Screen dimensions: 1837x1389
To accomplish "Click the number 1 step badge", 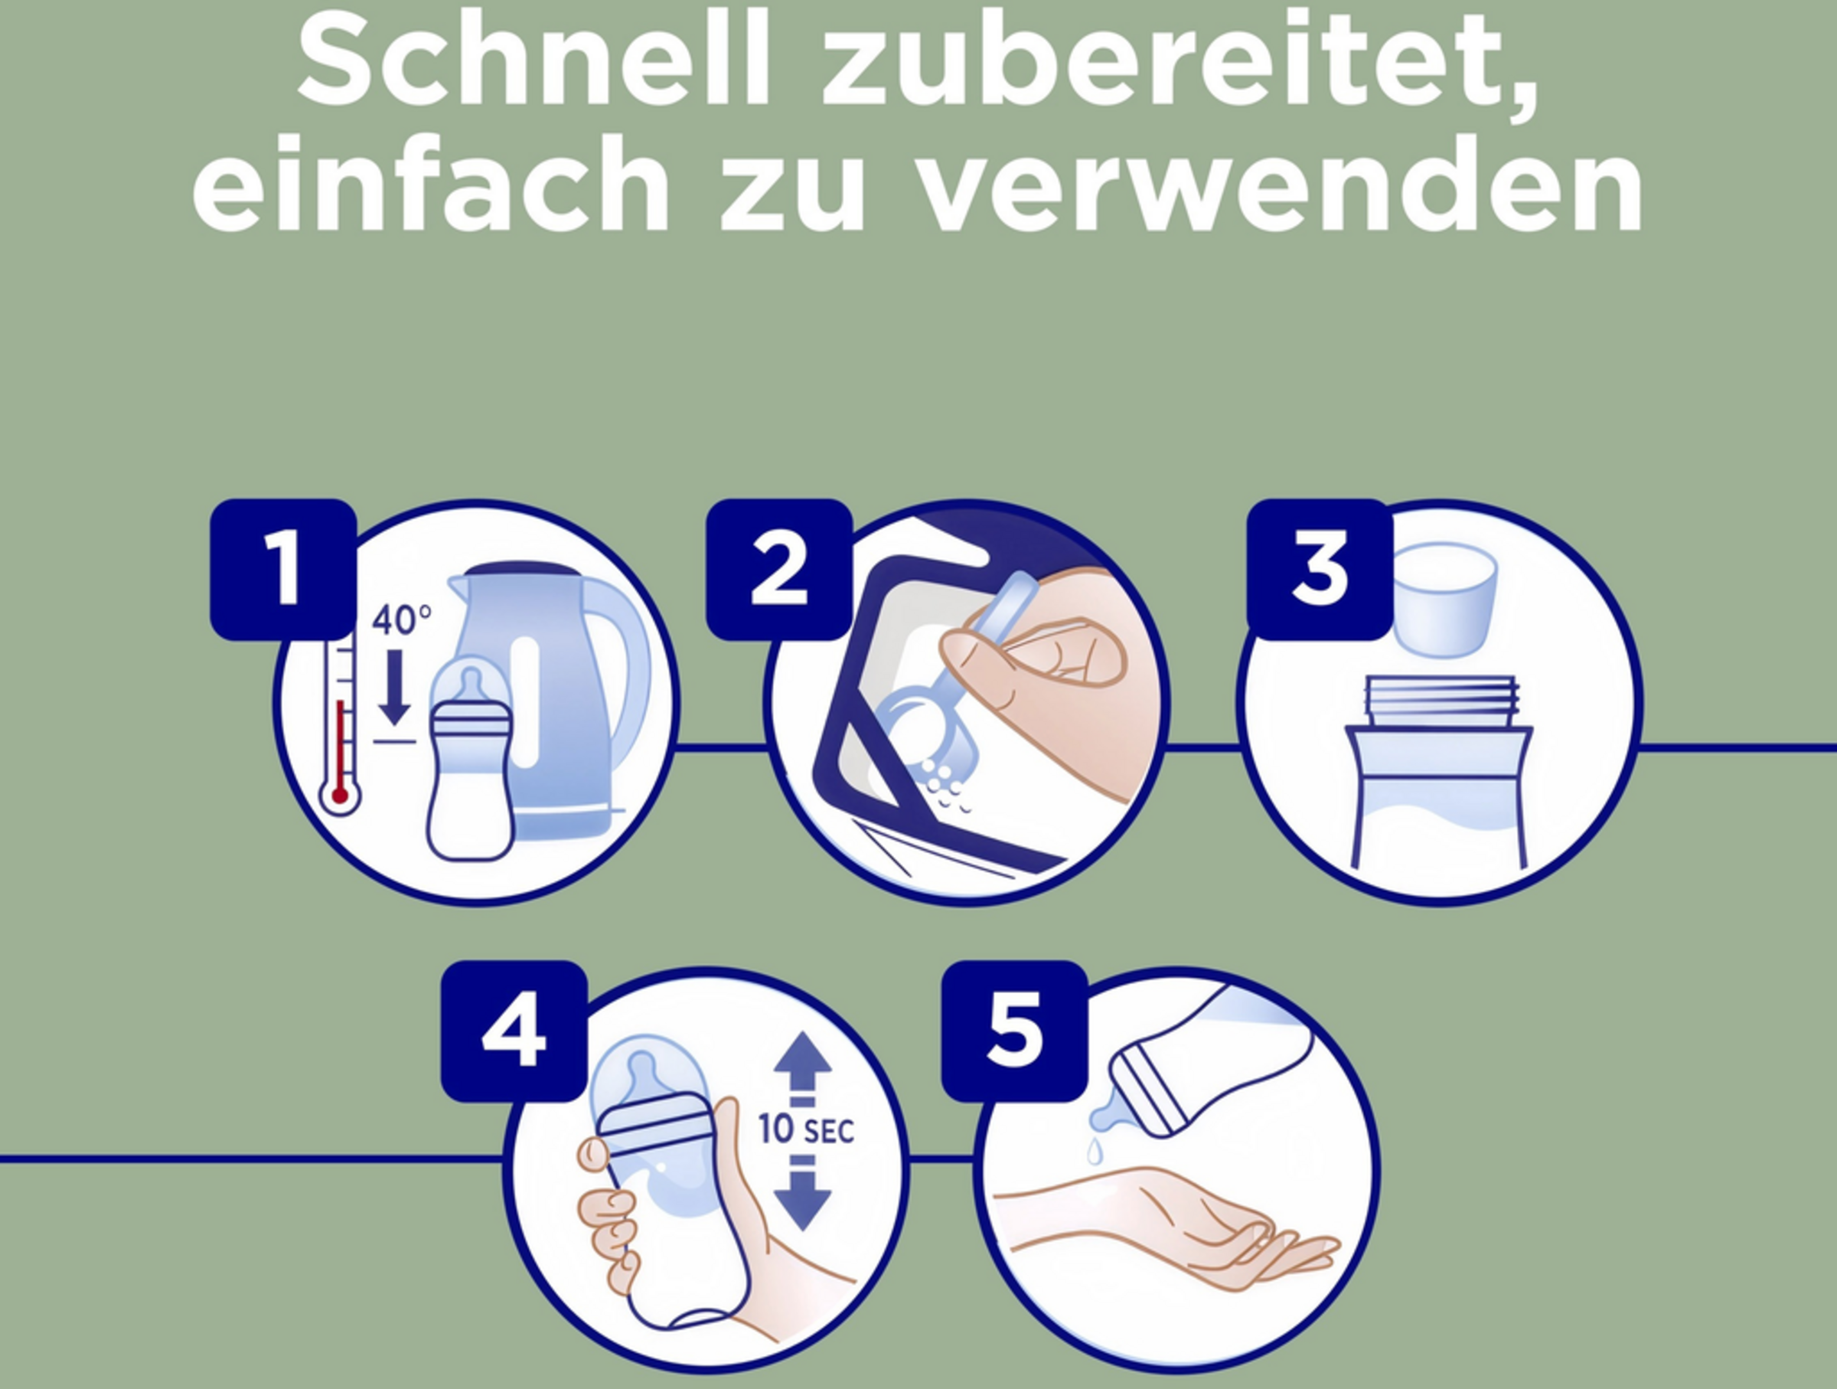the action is (283, 569).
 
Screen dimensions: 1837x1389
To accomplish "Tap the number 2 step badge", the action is (779, 569).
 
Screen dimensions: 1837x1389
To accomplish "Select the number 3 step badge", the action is (1320, 569).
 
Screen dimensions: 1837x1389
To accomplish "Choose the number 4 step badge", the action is (514, 1031).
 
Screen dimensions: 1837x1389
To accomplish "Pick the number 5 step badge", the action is (1014, 1031).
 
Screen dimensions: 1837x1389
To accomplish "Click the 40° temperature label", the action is (401, 619).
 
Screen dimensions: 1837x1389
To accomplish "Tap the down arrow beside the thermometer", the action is (393, 687).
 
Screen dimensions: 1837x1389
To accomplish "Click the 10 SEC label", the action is (805, 1130).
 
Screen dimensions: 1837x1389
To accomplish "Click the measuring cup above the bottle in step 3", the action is (1444, 599).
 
